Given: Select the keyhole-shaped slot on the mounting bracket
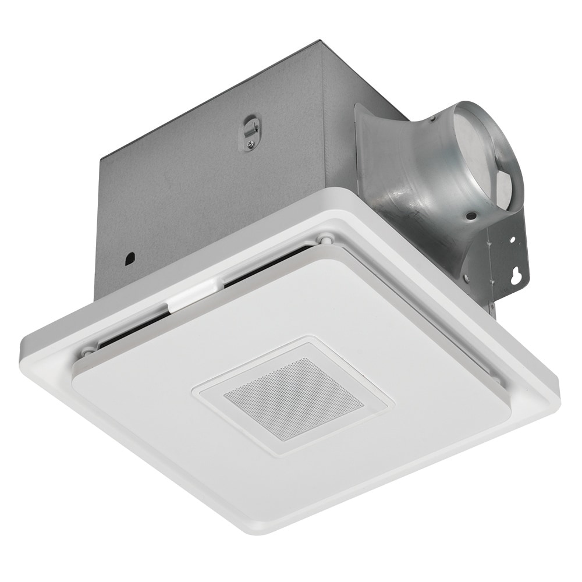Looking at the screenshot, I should tap(514, 276).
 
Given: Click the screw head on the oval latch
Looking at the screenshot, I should tap(250, 144).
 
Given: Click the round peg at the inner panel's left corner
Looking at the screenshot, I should tap(87, 352).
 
